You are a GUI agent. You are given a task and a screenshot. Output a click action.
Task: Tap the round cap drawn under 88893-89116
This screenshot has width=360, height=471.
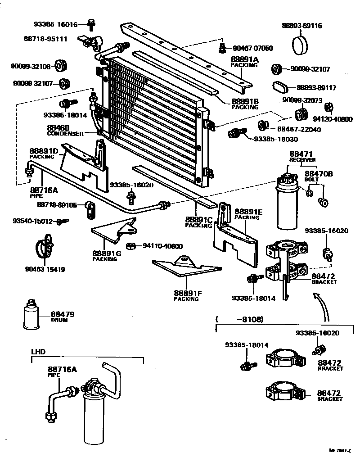tap(301, 45)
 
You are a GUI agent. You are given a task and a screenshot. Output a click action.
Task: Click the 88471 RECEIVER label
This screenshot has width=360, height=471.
tap(302, 156)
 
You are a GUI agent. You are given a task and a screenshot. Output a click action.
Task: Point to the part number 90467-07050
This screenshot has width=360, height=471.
tap(252, 48)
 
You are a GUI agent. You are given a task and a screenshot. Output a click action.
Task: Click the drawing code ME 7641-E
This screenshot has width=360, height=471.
tap(339, 450)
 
